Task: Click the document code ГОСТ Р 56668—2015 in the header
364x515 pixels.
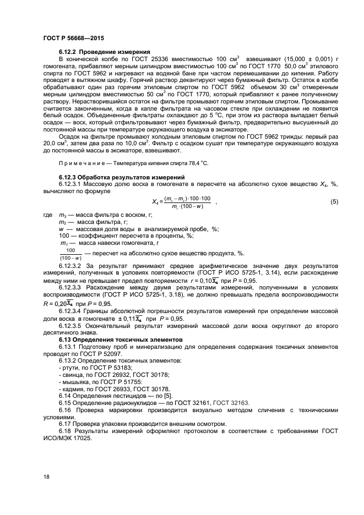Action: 73,39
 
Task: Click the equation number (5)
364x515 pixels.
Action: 334,201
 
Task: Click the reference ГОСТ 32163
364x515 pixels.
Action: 231,403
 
